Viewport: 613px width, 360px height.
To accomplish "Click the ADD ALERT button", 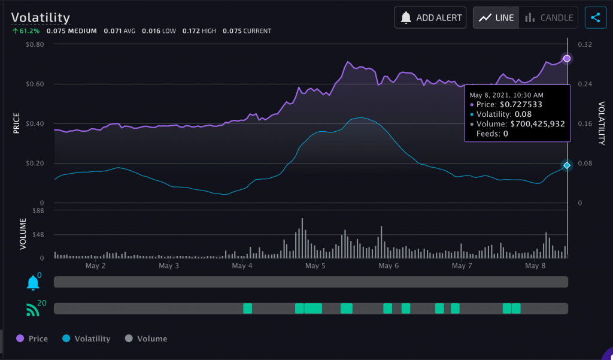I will [430, 17].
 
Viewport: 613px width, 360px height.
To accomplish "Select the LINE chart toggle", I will [496, 17].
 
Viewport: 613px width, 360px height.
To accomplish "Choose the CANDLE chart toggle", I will [548, 17].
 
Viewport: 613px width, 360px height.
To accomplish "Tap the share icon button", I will [595, 17].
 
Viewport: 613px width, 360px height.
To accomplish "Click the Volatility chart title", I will [41, 18].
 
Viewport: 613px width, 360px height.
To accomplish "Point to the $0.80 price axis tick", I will [35, 44].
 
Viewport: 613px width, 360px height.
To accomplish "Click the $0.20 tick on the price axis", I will [35, 163].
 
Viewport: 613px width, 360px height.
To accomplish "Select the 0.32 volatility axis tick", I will [584, 44].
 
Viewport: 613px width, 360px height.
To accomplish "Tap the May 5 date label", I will [315, 265].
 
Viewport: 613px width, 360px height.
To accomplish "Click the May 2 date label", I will [96, 265].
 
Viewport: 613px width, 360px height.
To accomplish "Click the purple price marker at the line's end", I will [567, 59].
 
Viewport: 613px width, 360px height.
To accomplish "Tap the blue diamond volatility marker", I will [567, 165].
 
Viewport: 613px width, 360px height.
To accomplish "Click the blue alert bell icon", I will [32, 283].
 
